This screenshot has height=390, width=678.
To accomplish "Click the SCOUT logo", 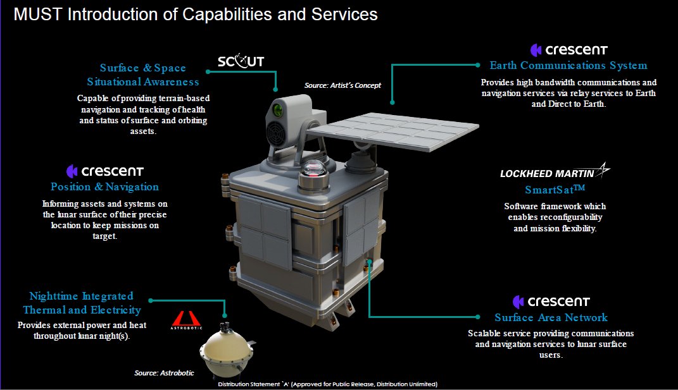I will (241, 61).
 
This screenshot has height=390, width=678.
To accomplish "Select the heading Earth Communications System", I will (568, 66).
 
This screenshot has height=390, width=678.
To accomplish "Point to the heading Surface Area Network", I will (551, 318).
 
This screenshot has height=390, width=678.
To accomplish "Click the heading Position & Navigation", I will (104, 187).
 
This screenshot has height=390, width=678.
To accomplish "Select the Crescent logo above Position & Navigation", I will (105, 171).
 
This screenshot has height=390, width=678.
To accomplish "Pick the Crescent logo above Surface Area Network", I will (551, 301).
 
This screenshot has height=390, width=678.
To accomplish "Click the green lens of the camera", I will (277, 111).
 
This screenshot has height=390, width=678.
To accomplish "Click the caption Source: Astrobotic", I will (164, 373).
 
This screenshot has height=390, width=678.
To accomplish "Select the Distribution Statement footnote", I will (327, 384).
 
